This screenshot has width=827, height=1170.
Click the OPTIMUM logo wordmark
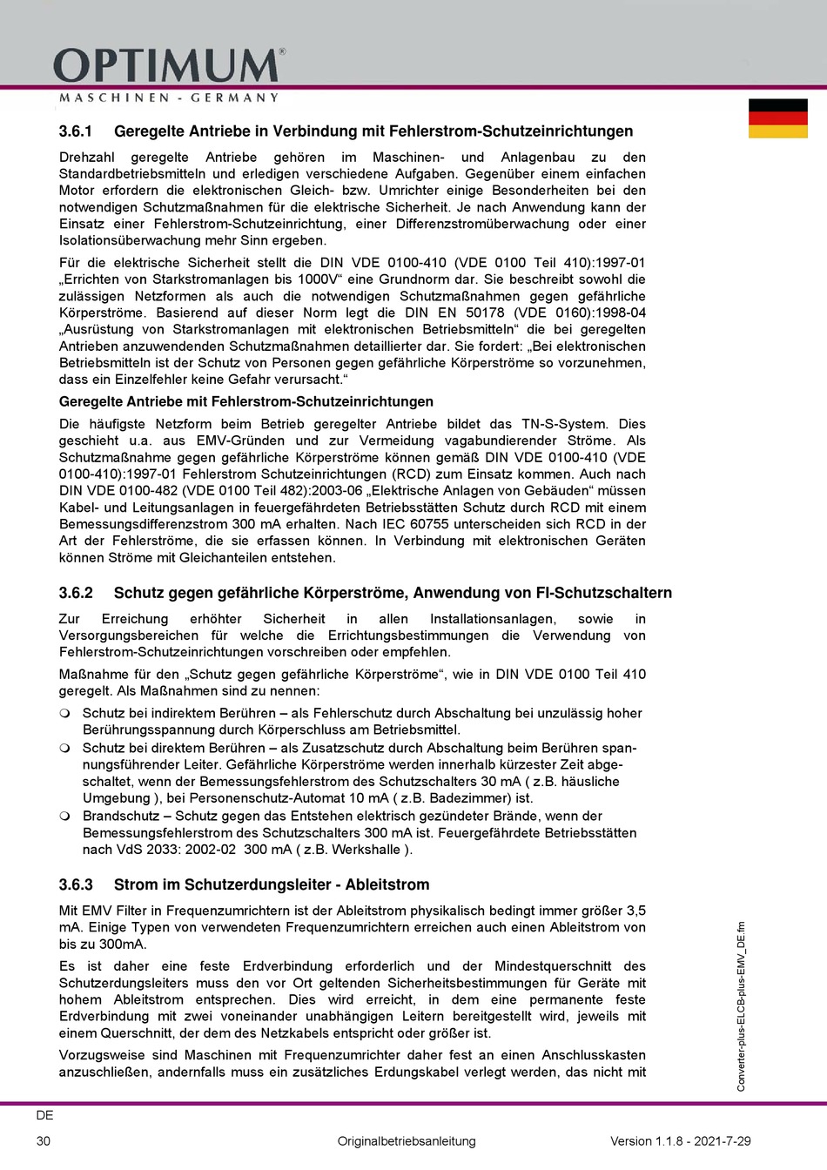168,66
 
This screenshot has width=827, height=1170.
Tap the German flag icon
777,118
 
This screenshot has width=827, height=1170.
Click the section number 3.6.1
76,131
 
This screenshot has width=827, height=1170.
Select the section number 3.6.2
76,593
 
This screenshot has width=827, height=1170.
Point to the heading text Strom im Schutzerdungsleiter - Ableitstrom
272,884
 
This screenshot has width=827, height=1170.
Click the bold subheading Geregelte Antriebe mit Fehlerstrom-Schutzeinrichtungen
246,401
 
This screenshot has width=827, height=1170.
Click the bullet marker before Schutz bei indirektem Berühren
64,714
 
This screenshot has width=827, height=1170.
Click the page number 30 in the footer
44,1141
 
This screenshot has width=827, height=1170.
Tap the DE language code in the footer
44,1115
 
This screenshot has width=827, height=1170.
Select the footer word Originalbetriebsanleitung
407,1141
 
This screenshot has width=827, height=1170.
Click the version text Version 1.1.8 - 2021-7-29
681,1141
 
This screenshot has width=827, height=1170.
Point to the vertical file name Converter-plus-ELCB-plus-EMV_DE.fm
741,1006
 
